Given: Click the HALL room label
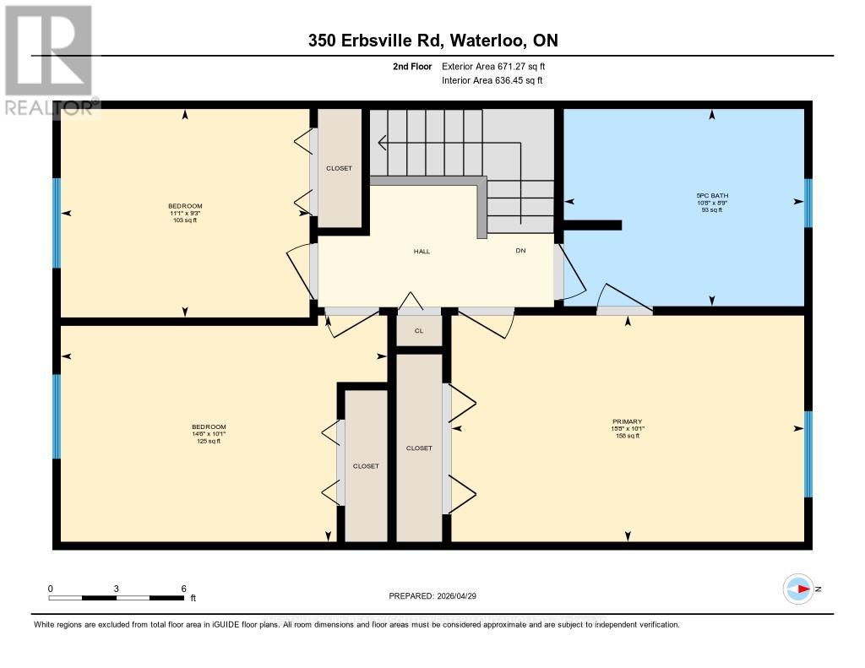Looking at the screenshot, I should [422, 251].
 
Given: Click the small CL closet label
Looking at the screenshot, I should [419, 330].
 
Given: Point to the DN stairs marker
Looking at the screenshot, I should [520, 251].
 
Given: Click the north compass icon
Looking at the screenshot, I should [798, 589].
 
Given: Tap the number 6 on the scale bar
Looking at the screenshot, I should [182, 588].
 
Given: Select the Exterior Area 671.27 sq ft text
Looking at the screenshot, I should [498, 66].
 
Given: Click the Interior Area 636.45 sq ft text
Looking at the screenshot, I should [492, 80].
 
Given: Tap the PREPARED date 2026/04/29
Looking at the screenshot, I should [438, 596].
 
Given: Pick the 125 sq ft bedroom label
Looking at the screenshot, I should [209, 433].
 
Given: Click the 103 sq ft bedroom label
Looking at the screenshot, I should [185, 213].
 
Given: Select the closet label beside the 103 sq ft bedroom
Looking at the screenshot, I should [339, 168].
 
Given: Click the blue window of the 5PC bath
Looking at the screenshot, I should [808, 203].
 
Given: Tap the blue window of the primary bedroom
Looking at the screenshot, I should [808, 453].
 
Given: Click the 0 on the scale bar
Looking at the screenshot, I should [51, 588].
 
